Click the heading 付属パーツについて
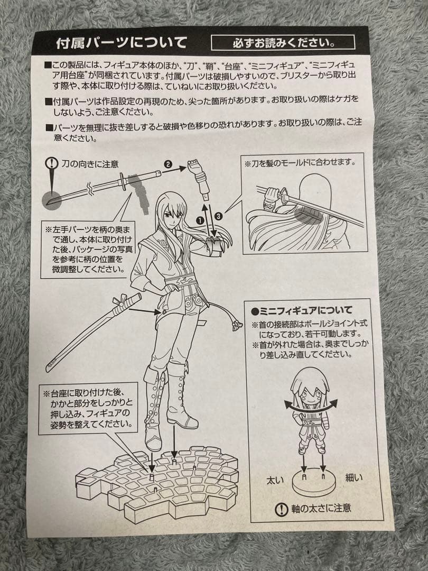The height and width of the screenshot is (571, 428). tap(122, 42)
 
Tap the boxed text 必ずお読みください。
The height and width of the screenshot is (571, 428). tap(283, 42)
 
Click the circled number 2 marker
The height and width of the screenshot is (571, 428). tap(168, 165)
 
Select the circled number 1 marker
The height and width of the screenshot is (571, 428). tap(201, 219)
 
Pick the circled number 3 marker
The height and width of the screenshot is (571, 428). tap(219, 215)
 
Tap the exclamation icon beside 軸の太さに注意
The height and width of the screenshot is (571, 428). tap(282, 509)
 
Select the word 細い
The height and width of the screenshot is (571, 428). tap(354, 478)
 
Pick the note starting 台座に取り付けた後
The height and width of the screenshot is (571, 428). tap(87, 409)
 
